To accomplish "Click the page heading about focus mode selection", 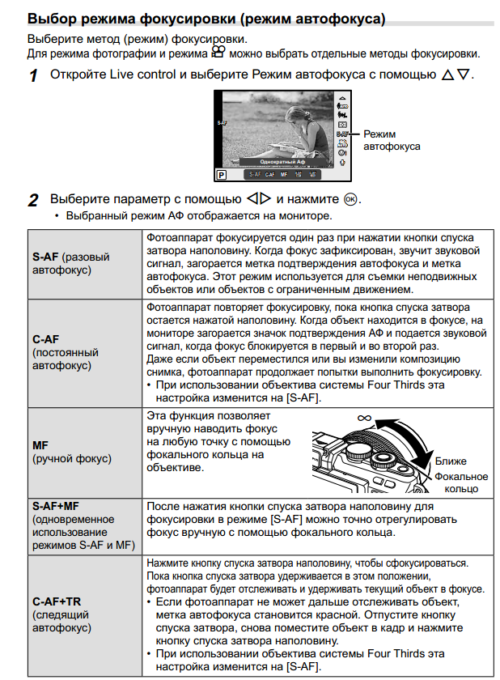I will [206, 18].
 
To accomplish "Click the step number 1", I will [33, 76].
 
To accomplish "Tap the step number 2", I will [33, 200].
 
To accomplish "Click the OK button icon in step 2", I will [350, 199].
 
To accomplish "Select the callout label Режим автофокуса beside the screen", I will [392, 140].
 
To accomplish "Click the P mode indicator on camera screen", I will [221, 174].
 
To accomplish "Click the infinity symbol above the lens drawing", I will [362, 419].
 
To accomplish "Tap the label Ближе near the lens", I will [451, 461].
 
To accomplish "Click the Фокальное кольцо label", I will [461, 482].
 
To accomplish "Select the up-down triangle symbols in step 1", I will [456, 75].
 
